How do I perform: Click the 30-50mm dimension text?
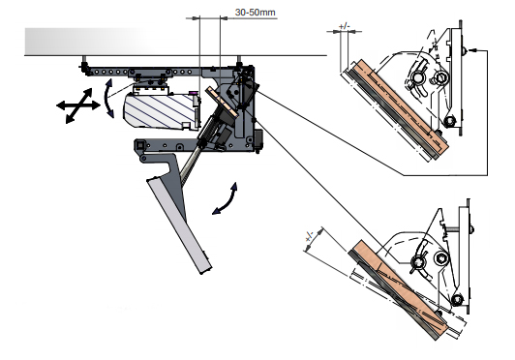click(256, 13)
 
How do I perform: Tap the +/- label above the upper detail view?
click(344, 26)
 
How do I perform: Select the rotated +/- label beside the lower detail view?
click(309, 236)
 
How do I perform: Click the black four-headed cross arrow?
click(77, 105)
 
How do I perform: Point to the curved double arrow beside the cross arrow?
click(107, 98)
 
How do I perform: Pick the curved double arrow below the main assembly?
click(226, 199)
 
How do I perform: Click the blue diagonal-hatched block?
click(159, 110)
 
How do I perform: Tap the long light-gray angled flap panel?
click(179, 225)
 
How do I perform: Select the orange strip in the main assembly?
click(222, 102)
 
